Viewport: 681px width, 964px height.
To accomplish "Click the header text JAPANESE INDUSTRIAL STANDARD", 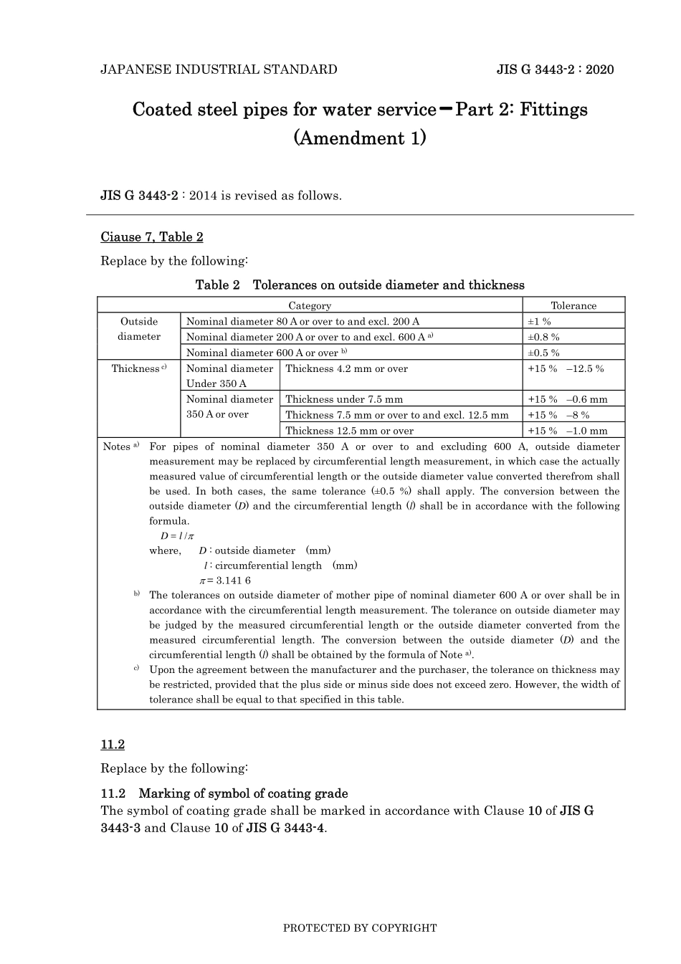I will [219, 70].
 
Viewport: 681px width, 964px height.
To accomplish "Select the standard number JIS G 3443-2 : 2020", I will [555, 70].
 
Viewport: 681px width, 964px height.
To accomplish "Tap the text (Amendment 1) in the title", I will [360, 138].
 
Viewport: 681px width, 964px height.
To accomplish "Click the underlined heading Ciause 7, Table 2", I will [152, 237].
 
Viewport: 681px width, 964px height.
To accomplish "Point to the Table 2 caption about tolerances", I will [360, 285].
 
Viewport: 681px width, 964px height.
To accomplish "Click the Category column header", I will [310, 305].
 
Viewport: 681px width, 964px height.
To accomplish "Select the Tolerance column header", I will [573, 305].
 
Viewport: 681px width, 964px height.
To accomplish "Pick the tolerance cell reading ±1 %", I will [540, 322].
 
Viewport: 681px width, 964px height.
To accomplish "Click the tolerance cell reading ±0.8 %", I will [543, 337].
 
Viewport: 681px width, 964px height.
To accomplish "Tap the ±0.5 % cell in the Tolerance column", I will [543, 353].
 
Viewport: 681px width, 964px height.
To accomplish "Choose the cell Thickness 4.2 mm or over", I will [346, 368].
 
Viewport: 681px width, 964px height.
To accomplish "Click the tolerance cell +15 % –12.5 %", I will [566, 368].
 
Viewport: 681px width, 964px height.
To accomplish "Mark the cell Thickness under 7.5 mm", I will [344, 399].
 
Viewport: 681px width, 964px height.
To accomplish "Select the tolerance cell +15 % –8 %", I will [558, 415].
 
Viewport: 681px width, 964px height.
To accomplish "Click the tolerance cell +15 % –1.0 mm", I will [567, 431].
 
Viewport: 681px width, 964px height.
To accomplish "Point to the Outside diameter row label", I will [139, 329].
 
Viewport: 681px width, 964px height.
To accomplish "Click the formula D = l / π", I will [172, 535].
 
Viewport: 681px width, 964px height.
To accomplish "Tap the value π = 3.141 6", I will [224, 581].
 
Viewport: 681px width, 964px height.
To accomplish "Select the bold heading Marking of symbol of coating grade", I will [243, 793].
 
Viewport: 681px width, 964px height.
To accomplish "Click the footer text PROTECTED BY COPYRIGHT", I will [360, 928].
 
